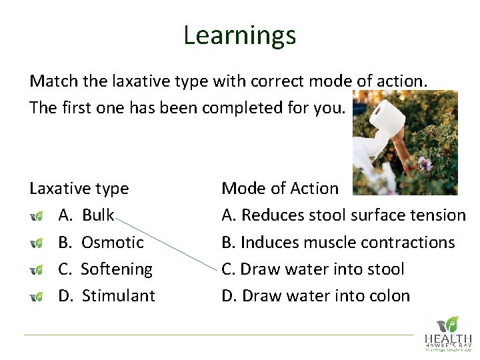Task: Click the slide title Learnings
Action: click(239, 35)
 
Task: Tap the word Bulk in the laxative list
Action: click(98, 215)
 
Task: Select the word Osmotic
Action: click(112, 242)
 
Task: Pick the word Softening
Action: click(116, 269)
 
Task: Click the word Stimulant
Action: click(118, 295)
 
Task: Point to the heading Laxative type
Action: click(79, 189)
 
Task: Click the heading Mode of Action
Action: click(280, 189)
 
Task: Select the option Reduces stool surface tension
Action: click(343, 215)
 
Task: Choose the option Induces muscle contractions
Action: click(338, 242)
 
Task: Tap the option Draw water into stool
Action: click(313, 269)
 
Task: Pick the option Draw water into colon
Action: click(315, 295)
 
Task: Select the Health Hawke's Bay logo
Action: click(447, 333)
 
